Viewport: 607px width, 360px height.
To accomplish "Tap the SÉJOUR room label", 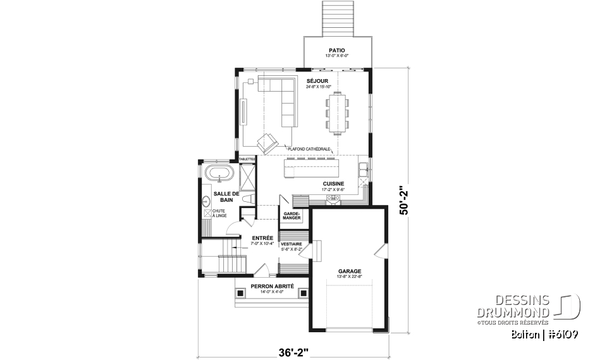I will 317,81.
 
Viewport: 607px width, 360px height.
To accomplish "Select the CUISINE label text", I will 333,183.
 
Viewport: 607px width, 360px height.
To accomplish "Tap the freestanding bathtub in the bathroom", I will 219,173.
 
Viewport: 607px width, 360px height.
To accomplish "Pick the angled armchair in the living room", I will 266,142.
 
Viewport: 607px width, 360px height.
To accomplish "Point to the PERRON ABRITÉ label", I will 272,286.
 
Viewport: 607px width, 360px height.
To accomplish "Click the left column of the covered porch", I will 240,293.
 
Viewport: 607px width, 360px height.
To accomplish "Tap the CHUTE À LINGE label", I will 219,213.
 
